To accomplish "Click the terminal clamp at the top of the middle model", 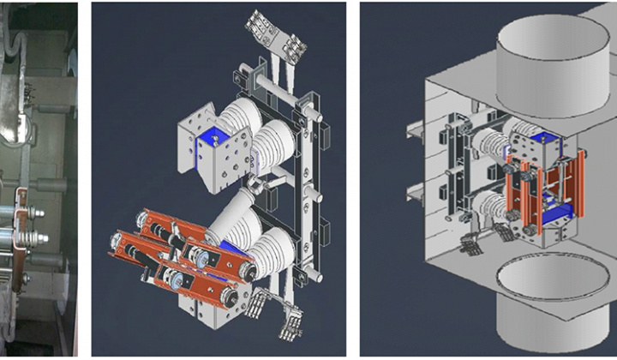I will (x=276, y=33).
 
